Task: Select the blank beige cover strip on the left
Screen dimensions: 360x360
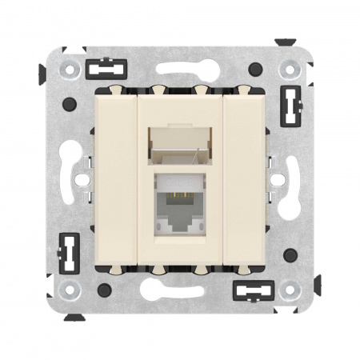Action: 121,179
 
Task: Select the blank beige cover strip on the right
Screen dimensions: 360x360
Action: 240,179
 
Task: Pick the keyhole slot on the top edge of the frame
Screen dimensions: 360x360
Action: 179,69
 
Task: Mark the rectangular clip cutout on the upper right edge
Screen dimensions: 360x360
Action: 290,103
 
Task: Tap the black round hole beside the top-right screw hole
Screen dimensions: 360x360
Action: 254,69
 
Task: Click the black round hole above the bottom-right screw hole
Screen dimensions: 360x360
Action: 290,254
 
